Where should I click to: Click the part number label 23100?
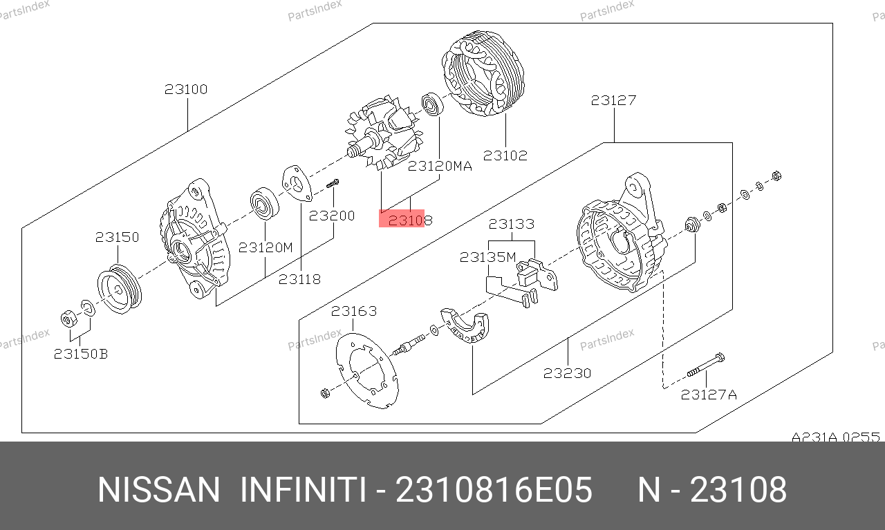[186, 89]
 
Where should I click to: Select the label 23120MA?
[440, 166]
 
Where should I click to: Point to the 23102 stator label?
[505, 155]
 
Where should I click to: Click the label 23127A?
[709, 395]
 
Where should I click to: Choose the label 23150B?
[81, 354]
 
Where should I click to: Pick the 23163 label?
[353, 311]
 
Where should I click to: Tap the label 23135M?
[488, 258]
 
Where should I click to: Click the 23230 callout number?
[567, 373]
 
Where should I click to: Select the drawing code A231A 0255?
[836, 437]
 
